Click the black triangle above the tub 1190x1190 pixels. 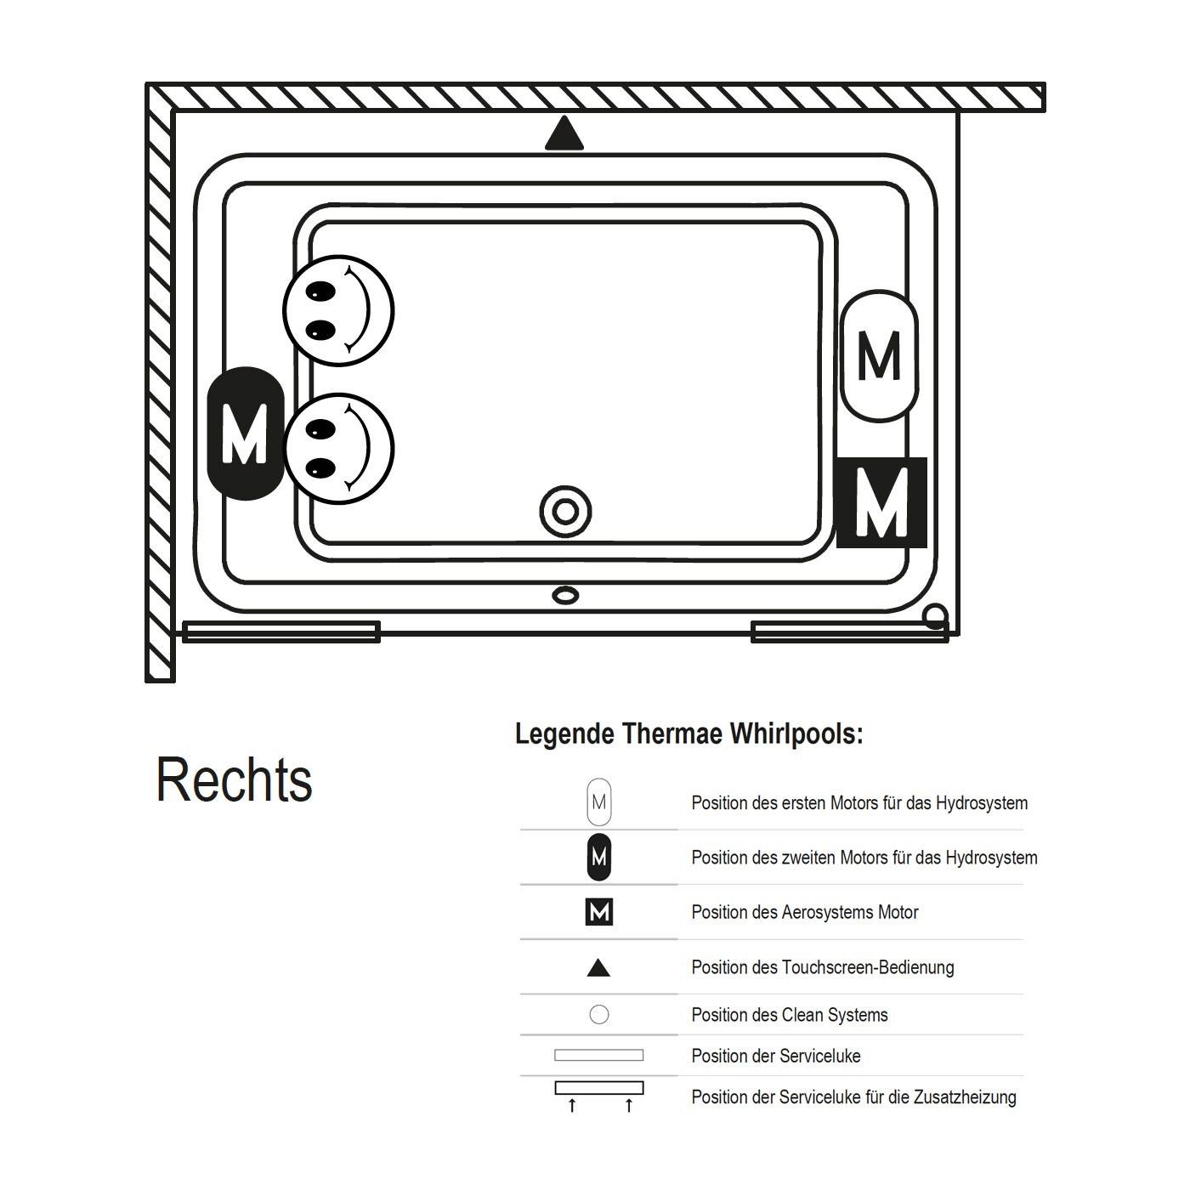[x=564, y=134]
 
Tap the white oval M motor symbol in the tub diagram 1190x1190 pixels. [x=880, y=356]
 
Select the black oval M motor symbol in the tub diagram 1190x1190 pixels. [x=245, y=433]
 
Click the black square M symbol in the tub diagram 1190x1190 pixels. [x=881, y=502]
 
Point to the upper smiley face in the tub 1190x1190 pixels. [x=338, y=310]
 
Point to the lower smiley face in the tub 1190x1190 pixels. [x=338, y=449]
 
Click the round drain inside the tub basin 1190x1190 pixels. [x=565, y=512]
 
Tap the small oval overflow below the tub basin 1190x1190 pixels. [x=565, y=595]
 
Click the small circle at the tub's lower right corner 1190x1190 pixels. [x=936, y=615]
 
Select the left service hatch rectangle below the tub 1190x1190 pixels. [x=281, y=632]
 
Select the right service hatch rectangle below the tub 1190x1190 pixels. [x=850, y=632]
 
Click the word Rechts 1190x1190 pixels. [x=234, y=780]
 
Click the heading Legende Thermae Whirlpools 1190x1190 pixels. [x=689, y=734]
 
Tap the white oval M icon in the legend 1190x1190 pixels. [x=599, y=802]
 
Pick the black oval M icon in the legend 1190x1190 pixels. [x=599, y=857]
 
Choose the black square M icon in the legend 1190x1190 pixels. [x=599, y=911]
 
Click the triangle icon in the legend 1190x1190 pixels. [x=598, y=967]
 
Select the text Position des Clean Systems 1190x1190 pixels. [x=789, y=1015]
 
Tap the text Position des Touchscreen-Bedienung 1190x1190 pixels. [x=823, y=967]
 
